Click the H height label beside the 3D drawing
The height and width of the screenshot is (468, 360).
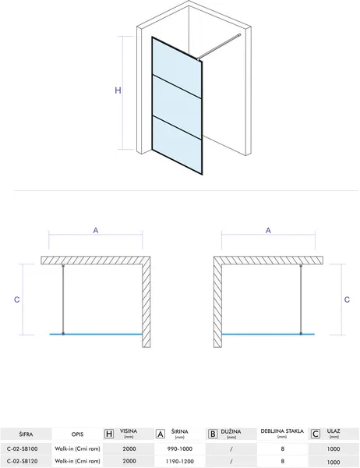coord(118,90)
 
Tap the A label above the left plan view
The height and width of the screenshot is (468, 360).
coord(96,230)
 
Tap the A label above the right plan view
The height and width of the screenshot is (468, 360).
coord(268,230)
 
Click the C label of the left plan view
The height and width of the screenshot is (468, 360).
coord(17,300)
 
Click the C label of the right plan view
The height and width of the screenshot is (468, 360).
coord(347,300)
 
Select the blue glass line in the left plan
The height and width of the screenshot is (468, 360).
coord(96,334)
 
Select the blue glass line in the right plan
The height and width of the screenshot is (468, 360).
coord(268,334)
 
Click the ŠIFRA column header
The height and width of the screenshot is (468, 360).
coord(26,434)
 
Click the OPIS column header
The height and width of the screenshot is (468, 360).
coord(78,434)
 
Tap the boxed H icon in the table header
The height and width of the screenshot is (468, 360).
coord(109,434)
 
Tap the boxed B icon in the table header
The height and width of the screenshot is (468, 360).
coord(213,434)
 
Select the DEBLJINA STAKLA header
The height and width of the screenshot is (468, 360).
coord(282,431)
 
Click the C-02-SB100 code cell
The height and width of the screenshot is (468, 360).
coord(22,448)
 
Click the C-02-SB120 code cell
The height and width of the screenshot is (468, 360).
coord(22,461)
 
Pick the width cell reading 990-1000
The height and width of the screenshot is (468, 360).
coord(179,448)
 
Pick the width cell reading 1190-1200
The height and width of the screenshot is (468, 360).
coord(179,461)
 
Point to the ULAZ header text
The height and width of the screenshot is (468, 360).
coord(334,431)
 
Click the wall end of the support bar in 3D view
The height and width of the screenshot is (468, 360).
coord(238,35)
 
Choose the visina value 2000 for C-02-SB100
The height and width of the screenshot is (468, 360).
coord(129,448)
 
